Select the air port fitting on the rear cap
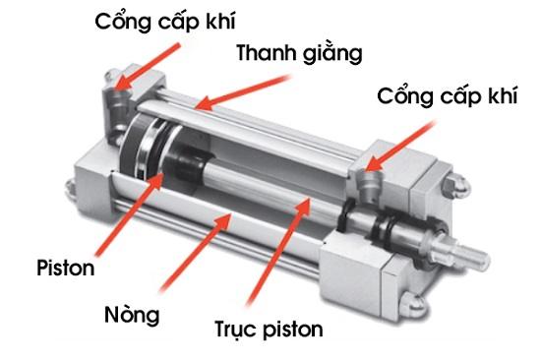click(x=115, y=98)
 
